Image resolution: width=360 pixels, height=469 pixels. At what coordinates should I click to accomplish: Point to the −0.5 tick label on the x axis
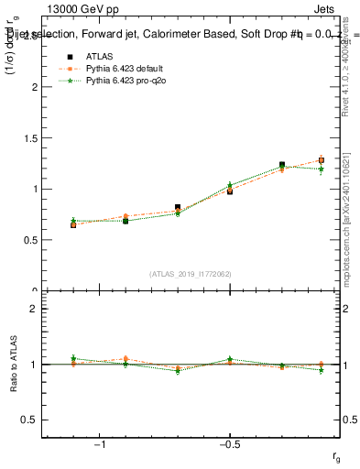click(x=229, y=444)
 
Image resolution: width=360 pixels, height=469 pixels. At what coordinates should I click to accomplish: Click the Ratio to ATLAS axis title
click(x=12, y=363)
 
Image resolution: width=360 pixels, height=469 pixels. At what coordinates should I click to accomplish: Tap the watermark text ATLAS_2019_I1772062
click(x=191, y=274)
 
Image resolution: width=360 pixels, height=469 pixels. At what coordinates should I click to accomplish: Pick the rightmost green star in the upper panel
click(x=322, y=169)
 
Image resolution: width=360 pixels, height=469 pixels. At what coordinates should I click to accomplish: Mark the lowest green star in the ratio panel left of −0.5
click(x=178, y=371)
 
